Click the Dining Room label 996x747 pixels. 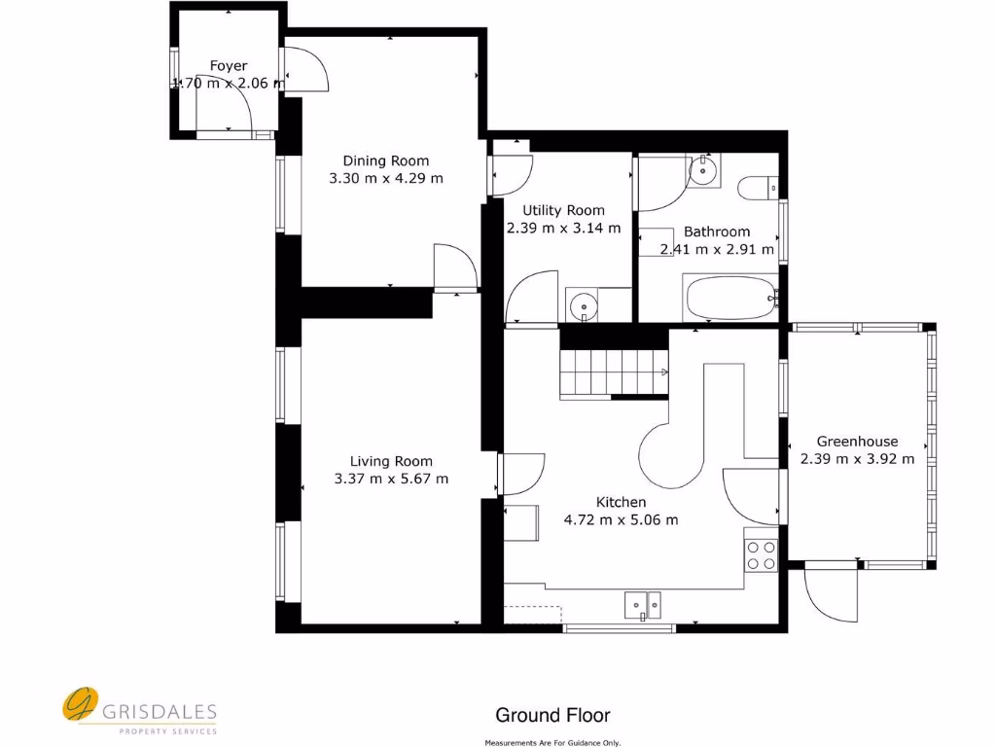[385, 160]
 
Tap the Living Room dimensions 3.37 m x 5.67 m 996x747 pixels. [391, 479]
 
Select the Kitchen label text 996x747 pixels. [621, 502]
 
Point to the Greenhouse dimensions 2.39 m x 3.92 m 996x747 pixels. [857, 459]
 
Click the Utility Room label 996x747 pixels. [563, 210]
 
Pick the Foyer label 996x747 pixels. [229, 66]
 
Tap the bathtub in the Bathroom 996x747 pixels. [730, 298]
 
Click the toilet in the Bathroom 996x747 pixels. [757, 186]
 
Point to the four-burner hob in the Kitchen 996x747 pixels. [761, 554]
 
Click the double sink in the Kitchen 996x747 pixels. [642, 605]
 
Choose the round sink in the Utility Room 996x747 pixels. [583, 306]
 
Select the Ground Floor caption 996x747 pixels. [552, 716]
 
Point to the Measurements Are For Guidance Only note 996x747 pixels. [552, 742]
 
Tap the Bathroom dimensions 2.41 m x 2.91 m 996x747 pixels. [717, 249]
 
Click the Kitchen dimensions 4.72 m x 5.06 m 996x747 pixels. [621, 519]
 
